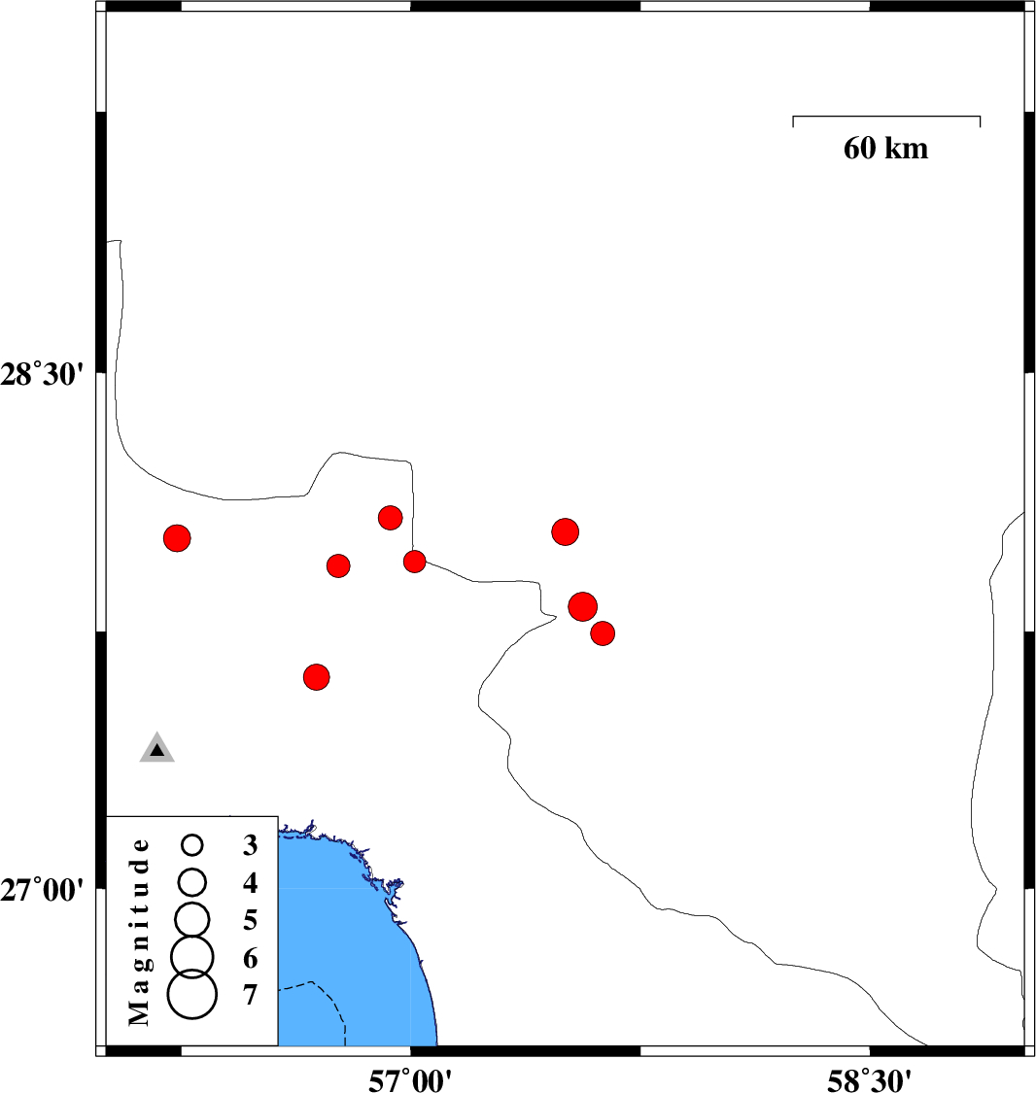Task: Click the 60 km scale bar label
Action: [885, 148]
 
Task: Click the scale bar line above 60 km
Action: [886, 117]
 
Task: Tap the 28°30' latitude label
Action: [42, 374]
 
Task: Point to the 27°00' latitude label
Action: [42, 890]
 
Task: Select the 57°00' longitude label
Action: [410, 1080]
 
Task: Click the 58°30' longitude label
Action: [870, 1080]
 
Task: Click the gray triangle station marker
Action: [156, 749]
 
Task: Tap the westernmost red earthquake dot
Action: [177, 538]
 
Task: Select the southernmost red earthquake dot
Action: [317, 677]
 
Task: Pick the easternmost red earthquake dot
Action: [603, 632]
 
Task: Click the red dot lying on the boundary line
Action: [414, 562]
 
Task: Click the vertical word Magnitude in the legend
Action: [139, 932]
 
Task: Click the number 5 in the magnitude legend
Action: [251, 920]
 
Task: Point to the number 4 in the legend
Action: [251, 882]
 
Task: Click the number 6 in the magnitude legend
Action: [251, 959]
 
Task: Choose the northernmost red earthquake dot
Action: [391, 518]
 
